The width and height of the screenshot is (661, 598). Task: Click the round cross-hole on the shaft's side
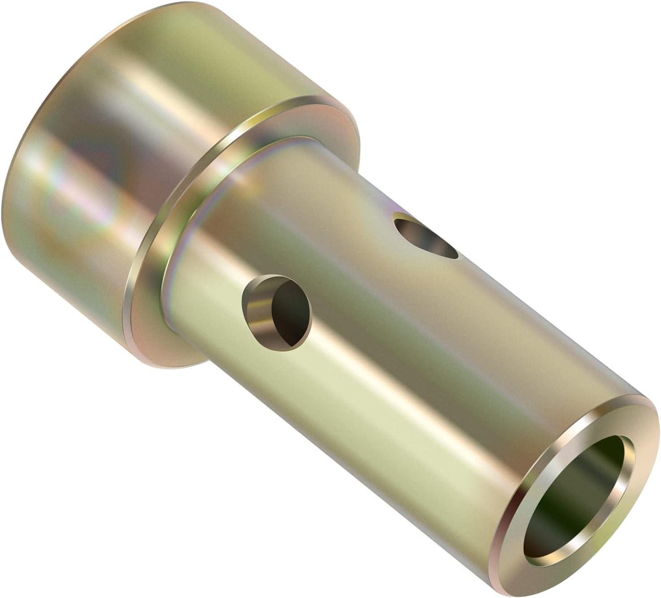point(276,312)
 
